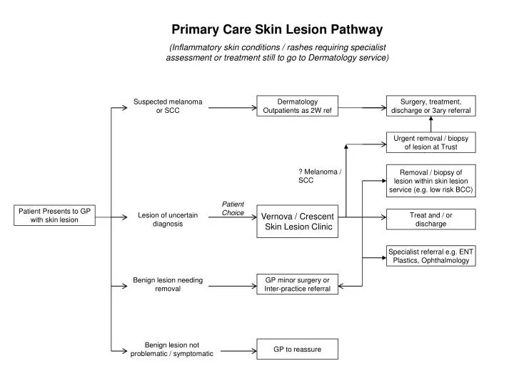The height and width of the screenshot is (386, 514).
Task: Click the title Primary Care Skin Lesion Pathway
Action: tap(277, 30)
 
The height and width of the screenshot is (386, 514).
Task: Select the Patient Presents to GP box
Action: tap(55, 215)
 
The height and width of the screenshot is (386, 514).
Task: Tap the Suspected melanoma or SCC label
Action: tap(168, 107)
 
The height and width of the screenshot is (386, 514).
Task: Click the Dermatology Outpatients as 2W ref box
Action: tap(297, 107)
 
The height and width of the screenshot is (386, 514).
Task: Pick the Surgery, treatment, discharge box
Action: tap(430, 107)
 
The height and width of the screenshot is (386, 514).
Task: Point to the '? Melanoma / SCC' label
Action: tap(318, 176)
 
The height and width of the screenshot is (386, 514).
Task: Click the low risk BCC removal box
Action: tap(430, 181)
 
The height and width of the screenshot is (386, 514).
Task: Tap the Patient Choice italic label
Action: tap(233, 209)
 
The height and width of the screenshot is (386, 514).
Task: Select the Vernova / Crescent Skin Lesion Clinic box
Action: tap(297, 222)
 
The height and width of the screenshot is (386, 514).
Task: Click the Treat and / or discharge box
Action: tap(430, 219)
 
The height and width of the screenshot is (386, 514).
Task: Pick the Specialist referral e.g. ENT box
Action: tap(430, 256)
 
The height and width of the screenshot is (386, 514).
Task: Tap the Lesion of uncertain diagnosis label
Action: tap(168, 219)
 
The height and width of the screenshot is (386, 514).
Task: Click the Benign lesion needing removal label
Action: tap(168, 284)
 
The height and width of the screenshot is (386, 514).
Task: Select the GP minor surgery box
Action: tap(297, 284)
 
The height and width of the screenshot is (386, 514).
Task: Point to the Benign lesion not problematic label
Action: tap(171, 350)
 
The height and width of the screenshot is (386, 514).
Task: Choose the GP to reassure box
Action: tap(297, 349)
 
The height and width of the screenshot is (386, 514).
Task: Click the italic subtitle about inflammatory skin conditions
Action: tap(277, 52)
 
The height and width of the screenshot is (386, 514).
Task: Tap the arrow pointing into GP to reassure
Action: tap(236, 350)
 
